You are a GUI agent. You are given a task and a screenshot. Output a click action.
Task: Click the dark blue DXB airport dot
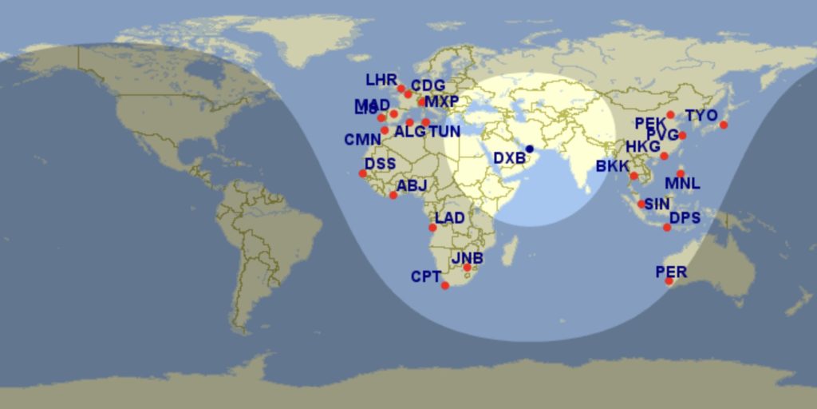[530, 149]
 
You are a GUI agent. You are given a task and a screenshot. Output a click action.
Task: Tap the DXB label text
[509, 158]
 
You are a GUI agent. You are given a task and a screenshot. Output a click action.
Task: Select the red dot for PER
[669, 281]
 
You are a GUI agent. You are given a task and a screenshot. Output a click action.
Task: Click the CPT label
[426, 277]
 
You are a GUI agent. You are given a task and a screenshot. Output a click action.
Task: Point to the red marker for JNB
[468, 268]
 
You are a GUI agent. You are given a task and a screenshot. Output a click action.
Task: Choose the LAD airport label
[450, 219]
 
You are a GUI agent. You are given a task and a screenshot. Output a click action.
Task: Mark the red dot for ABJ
[393, 196]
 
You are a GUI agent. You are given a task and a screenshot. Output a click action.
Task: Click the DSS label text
[380, 164]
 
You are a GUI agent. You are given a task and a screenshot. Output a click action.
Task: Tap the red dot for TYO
[724, 125]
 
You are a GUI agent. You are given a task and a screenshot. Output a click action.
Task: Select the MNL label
[682, 184]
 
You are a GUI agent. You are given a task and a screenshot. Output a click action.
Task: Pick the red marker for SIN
[641, 204]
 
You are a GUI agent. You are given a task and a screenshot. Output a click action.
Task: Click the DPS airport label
[685, 218]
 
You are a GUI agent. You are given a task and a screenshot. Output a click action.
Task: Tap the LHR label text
[381, 81]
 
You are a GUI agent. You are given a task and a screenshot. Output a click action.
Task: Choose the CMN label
[362, 140]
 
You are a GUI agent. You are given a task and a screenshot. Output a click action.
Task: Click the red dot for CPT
[445, 286]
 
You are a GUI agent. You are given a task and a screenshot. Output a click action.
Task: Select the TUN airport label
[444, 132]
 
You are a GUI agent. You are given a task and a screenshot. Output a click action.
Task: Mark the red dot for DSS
[363, 173]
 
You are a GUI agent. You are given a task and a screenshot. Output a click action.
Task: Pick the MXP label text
[441, 102]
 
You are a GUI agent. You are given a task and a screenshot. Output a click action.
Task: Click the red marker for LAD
[433, 228]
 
